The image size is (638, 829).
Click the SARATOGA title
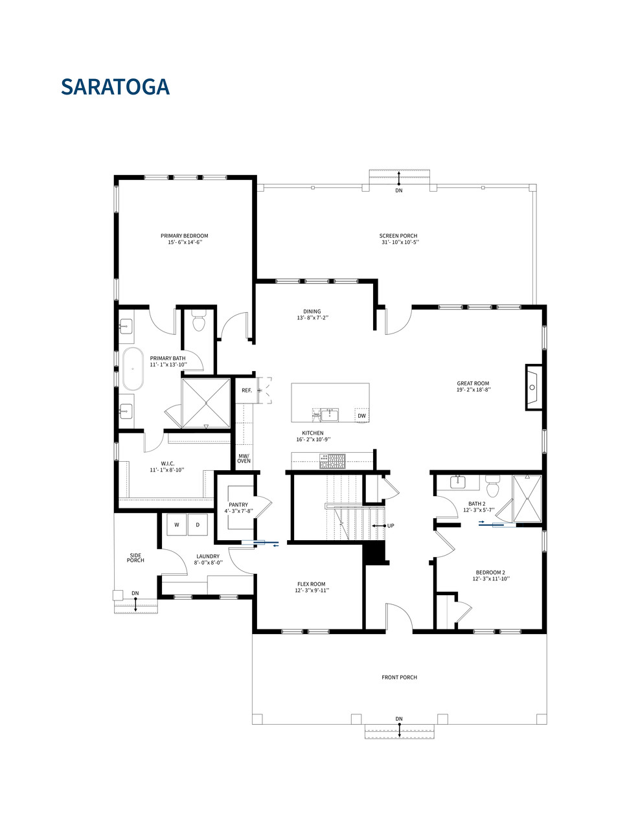pos(115,87)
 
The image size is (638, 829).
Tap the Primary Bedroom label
pos(185,236)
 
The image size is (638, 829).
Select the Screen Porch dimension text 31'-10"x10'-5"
pos(400,242)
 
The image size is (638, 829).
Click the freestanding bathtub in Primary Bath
pos(133,369)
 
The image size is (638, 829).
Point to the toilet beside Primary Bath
pos(199,322)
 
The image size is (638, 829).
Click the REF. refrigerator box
pos(246,391)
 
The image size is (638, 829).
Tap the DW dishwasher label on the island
pos(361,416)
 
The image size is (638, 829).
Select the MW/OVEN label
pos(244,459)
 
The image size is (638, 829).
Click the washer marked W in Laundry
pos(176,525)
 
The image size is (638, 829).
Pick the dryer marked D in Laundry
pos(198,525)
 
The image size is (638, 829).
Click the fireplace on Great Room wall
pos(532,387)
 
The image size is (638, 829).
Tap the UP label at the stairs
pos(391,526)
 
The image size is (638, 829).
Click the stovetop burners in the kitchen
pos(332,461)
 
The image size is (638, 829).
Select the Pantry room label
pos(238,505)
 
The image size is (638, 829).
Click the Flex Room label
pos(311,584)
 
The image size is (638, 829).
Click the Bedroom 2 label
pos(490,573)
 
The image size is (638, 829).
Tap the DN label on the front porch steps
pos(399,719)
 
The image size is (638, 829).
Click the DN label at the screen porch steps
pos(399,190)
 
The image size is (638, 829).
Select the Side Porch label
pos(135,558)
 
